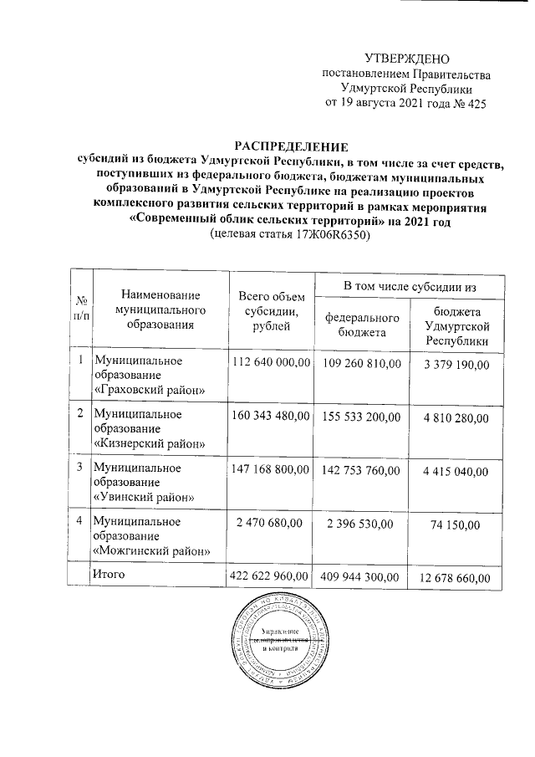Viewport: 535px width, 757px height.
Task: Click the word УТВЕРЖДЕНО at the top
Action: (x=408, y=59)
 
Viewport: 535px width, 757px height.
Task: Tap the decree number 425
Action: (x=473, y=104)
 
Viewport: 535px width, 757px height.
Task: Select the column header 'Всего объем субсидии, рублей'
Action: (x=269, y=310)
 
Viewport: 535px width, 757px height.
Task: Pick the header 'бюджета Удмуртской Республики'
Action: (x=456, y=325)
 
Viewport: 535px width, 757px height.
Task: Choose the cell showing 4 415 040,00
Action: (x=456, y=471)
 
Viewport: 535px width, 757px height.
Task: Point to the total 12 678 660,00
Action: (x=456, y=577)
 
